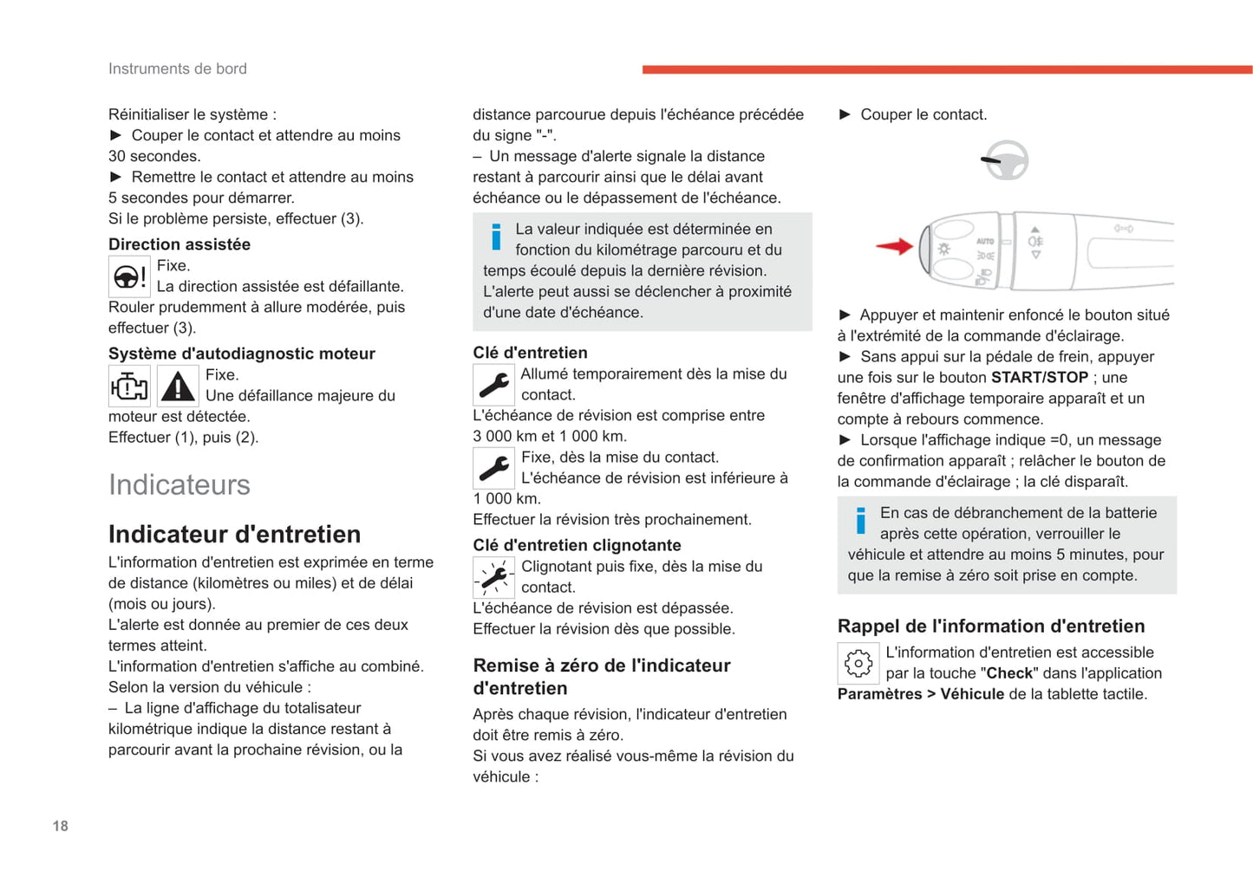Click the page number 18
tap(60, 826)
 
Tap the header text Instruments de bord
tap(177, 68)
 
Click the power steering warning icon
tap(129, 276)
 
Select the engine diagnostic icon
tap(129, 386)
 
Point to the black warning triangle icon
tap(178, 386)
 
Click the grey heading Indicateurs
tap(179, 484)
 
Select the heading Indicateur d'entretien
tap(234, 534)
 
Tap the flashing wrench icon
tap(493, 577)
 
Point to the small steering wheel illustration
tap(1006, 160)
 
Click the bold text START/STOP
tap(1039, 378)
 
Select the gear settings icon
tap(858, 664)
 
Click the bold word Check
tap(1009, 673)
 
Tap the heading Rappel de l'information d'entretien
tap(990, 626)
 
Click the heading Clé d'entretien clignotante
tap(577, 545)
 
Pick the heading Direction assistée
tap(179, 244)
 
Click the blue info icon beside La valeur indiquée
tap(496, 237)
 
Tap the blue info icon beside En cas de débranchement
tap(860, 521)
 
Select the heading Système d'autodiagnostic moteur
tap(241, 354)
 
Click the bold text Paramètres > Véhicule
tap(920, 694)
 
